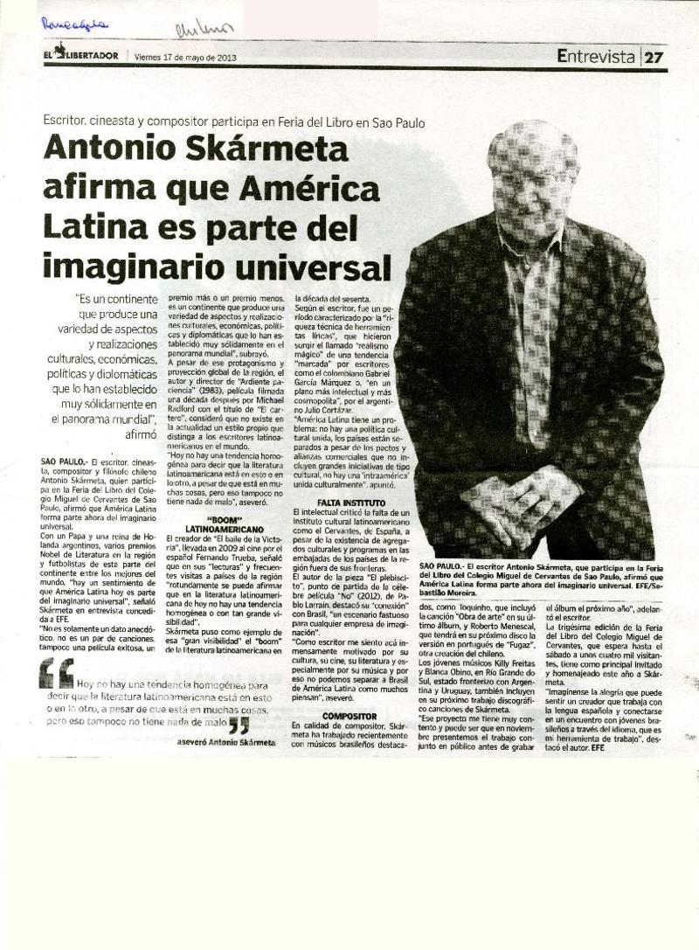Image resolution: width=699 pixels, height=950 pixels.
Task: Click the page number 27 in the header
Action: point(654,58)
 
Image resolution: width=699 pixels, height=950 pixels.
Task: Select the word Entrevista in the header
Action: point(596,58)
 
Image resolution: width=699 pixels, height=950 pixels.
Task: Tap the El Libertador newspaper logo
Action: point(83,57)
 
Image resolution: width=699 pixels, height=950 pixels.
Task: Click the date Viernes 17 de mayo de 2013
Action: point(185,58)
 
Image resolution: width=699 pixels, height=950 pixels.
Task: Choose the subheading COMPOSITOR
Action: point(349,715)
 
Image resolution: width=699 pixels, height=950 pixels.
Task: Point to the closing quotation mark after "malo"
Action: point(239,725)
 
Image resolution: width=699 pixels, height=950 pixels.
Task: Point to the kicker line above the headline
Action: point(234,122)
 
